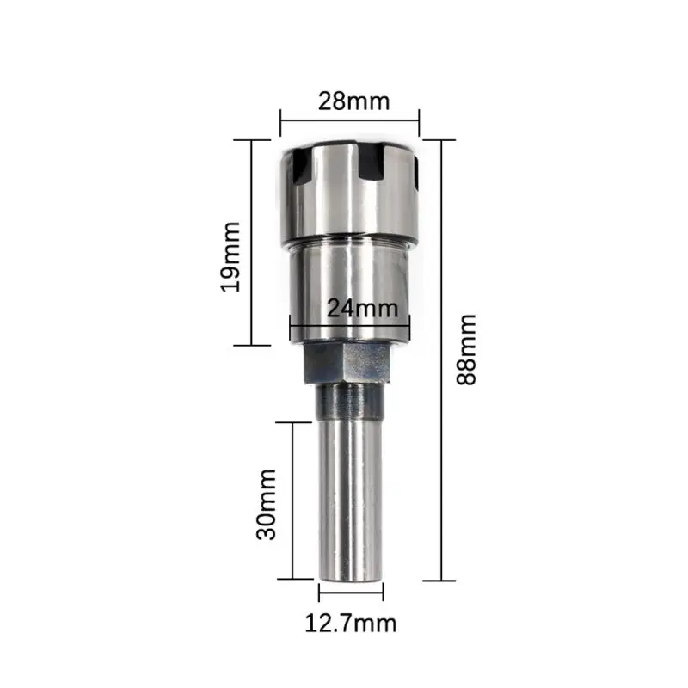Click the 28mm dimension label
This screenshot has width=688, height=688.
coord(353,101)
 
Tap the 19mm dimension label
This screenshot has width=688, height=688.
coord(230,256)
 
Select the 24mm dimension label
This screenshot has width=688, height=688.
coord(362,308)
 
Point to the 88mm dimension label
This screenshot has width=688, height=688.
coord(466,350)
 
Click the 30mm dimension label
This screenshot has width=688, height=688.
coord(267,504)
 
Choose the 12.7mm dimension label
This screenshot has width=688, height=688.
coord(351,623)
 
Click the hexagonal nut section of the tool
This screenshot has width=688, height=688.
coord(347,363)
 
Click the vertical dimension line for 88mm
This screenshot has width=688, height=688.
coord(441,360)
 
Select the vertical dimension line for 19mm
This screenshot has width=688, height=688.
coord(251,243)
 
